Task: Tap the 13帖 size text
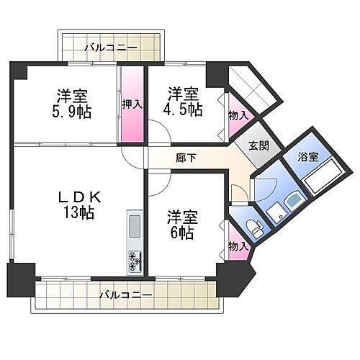pyautogui.click(x=78, y=212)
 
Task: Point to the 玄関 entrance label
pyautogui.click(x=260, y=145)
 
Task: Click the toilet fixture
pyautogui.click(x=251, y=227)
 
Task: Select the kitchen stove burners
pyautogui.click(x=134, y=263)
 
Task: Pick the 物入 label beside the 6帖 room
pyautogui.click(x=238, y=246)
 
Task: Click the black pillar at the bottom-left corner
pyautogui.click(x=20, y=278)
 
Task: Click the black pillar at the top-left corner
pyautogui.click(x=19, y=69)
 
